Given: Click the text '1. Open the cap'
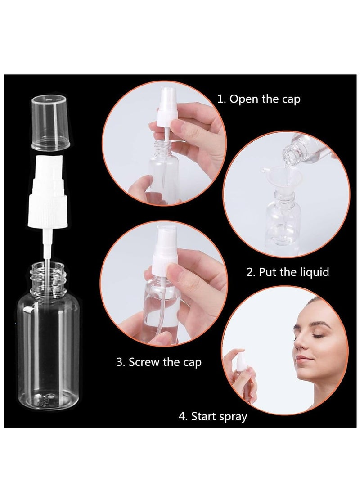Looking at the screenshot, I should pyautogui.click(x=258, y=99).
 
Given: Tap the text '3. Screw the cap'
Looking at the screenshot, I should pyautogui.click(x=159, y=362).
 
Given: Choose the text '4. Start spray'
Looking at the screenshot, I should pyautogui.click(x=213, y=416).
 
